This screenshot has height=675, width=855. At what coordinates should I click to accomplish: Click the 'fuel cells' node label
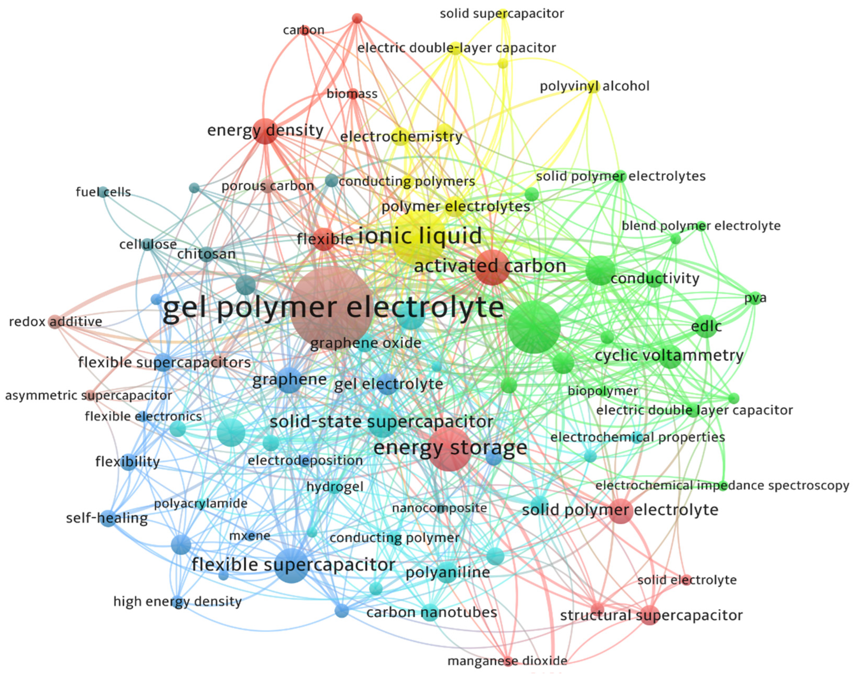click(103, 192)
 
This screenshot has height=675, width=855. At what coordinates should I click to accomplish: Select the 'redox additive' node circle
click(55, 322)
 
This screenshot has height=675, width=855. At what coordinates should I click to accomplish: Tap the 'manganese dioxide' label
click(507, 660)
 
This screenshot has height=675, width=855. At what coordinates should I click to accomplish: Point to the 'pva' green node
click(755, 298)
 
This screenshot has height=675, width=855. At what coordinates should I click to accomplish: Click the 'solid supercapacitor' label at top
click(502, 14)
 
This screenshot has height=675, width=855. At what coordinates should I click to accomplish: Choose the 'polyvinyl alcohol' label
click(595, 86)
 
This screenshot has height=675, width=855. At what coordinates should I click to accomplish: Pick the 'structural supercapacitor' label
click(651, 615)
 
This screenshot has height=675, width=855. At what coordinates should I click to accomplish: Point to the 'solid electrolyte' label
click(687, 580)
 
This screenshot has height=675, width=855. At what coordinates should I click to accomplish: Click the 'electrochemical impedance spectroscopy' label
click(722, 485)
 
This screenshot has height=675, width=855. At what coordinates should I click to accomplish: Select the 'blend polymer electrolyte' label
click(701, 226)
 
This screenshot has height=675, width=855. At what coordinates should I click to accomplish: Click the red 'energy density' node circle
click(265, 131)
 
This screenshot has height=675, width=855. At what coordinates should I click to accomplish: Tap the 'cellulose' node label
click(148, 245)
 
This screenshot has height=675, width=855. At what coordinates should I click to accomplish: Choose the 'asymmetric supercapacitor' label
click(89, 395)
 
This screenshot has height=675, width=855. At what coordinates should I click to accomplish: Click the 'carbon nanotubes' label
click(431, 612)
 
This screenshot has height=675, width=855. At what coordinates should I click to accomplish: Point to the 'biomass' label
click(352, 94)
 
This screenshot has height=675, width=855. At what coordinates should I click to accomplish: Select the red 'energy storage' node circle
click(449, 449)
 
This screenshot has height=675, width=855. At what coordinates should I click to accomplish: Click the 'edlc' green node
click(706, 327)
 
